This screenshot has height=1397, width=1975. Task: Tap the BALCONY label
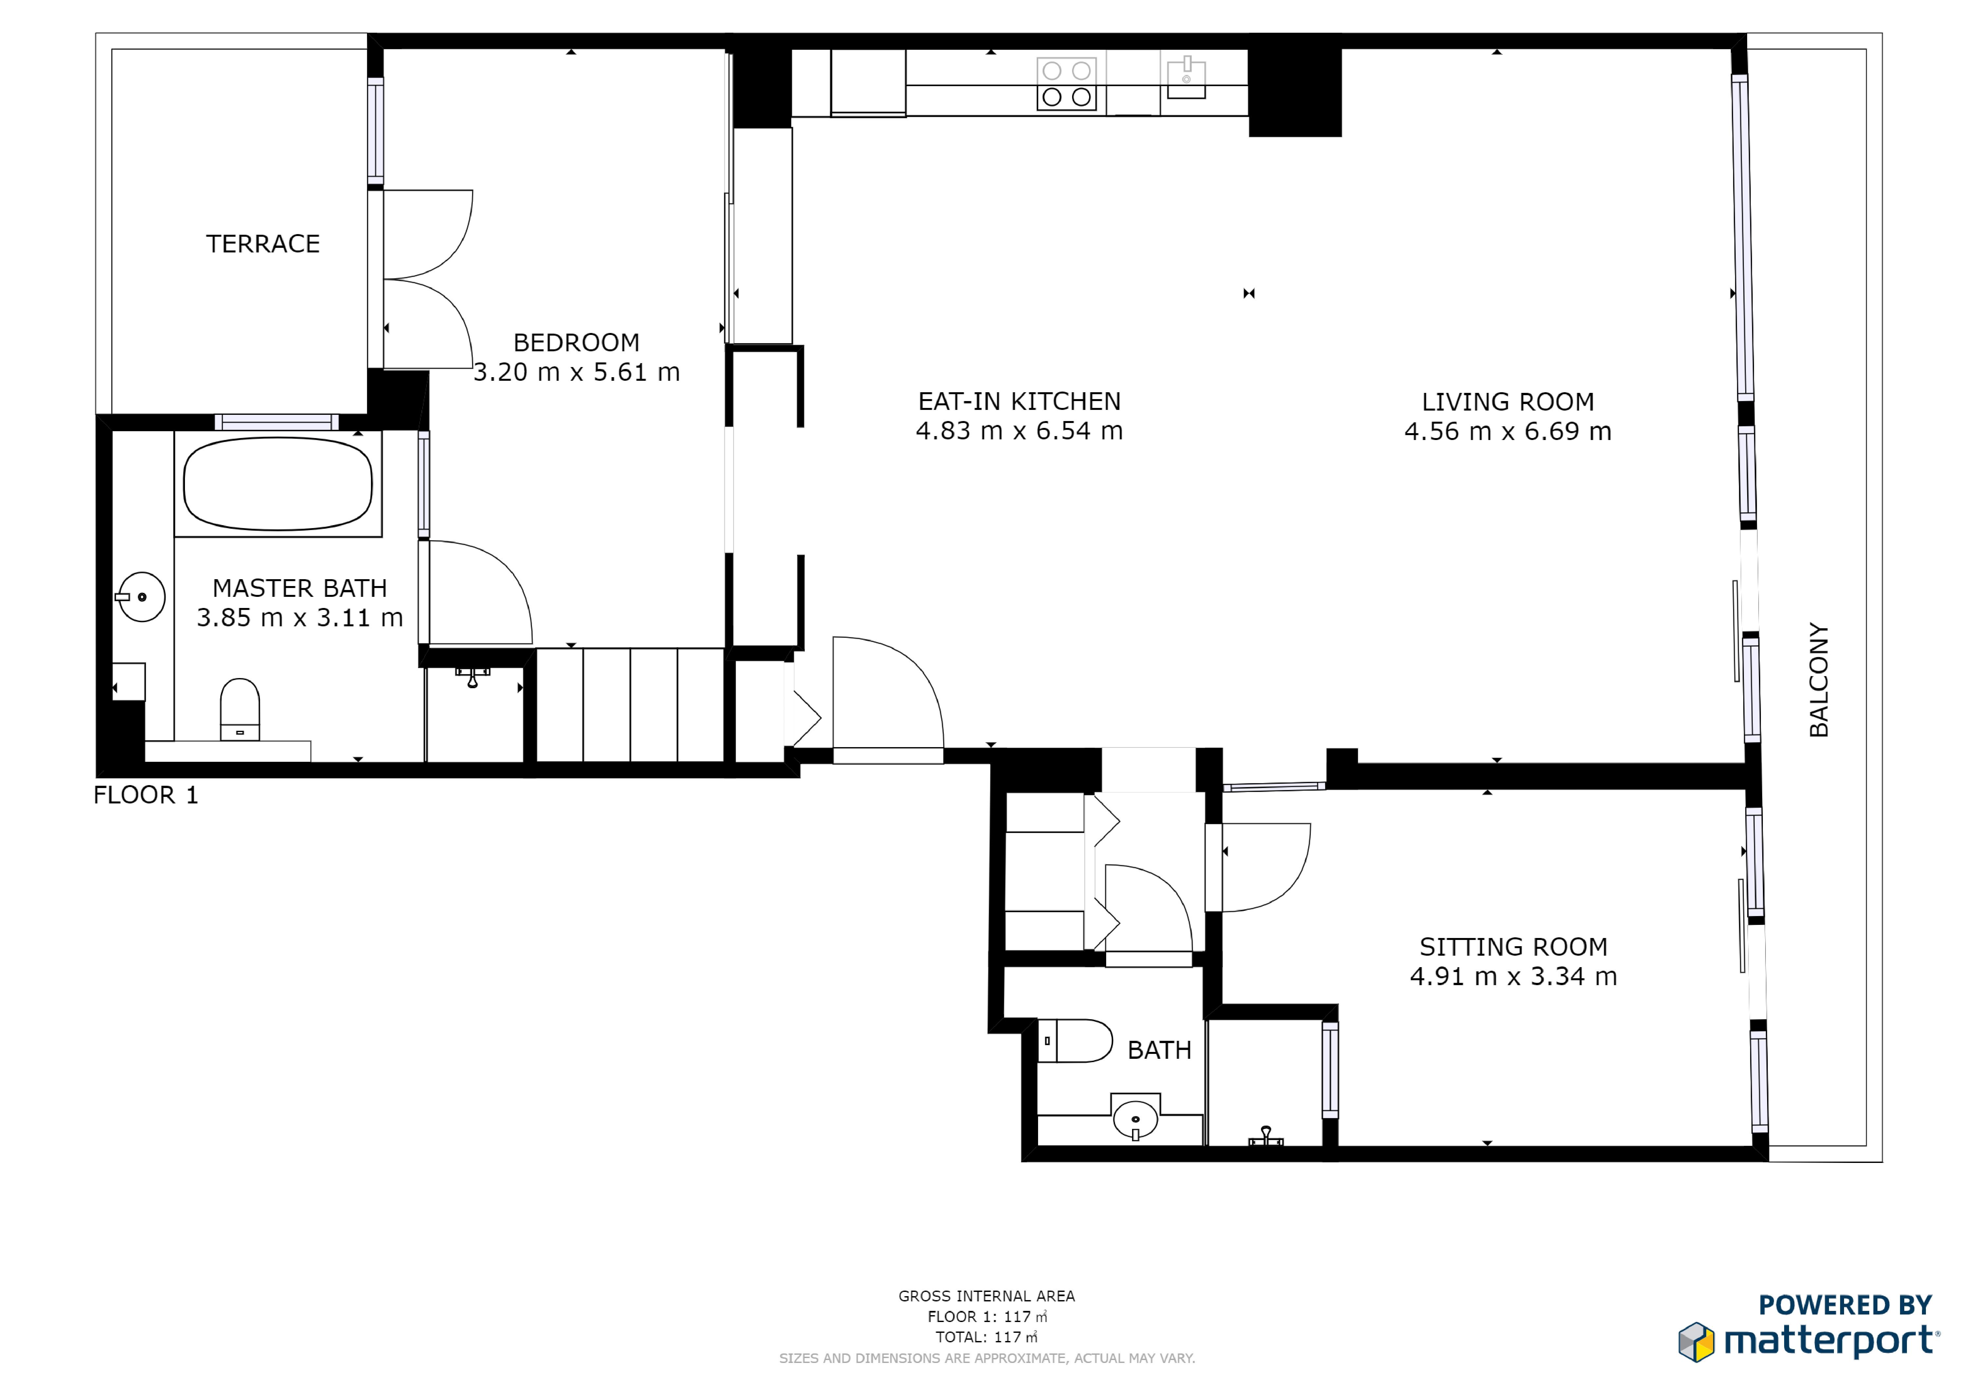1819,680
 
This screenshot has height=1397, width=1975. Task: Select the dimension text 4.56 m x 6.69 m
1508,432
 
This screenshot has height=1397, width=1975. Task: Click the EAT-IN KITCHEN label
1019,402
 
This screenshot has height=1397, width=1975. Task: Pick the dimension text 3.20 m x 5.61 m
576,373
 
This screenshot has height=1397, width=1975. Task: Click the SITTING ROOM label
1513,947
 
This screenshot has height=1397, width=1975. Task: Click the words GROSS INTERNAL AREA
987,1296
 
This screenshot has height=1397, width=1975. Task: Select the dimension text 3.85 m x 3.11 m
299,618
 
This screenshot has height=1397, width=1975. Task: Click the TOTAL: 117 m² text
987,1338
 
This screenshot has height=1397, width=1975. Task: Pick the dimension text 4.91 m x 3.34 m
1513,977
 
